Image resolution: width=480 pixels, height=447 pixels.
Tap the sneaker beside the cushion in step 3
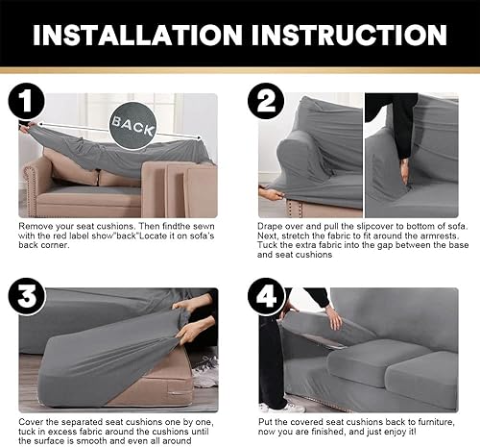pos(204,371)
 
